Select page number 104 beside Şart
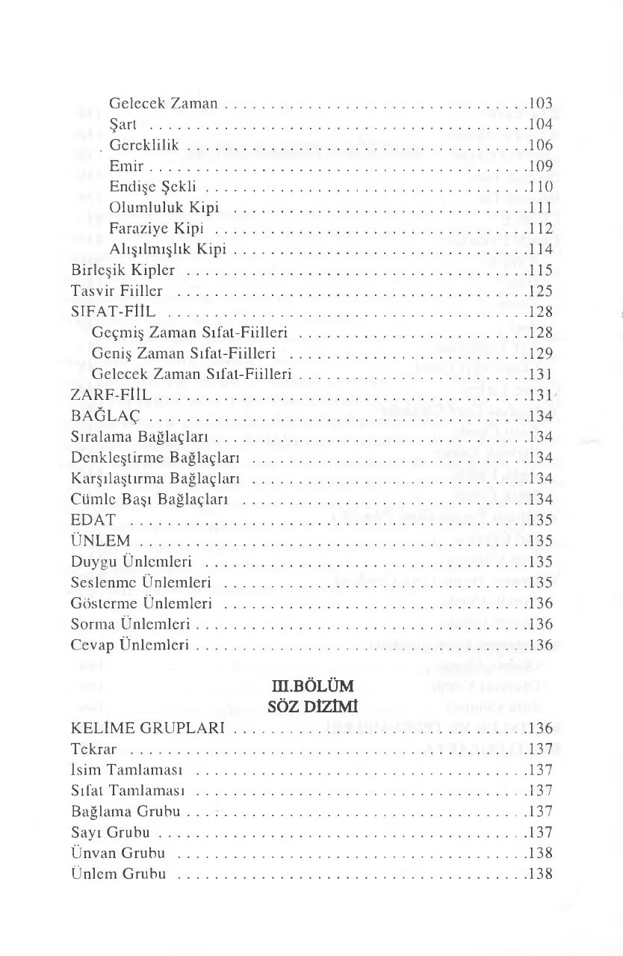tap(539, 122)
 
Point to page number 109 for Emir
tap(539, 164)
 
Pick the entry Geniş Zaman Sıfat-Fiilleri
tap(184, 351)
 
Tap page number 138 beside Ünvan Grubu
tap(539, 853)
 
